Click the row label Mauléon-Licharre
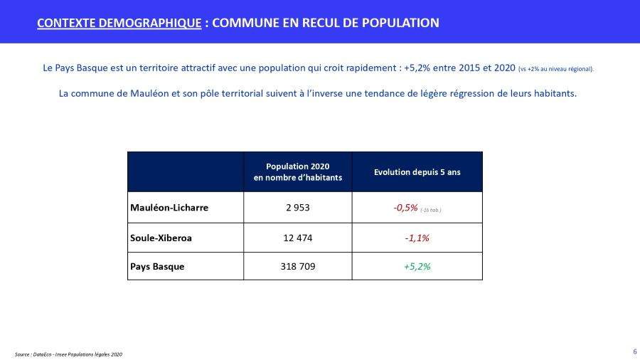[x=169, y=208]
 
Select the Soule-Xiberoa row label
[x=161, y=238]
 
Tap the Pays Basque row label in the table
[x=157, y=266]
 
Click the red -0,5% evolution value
[x=405, y=208]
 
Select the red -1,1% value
[x=417, y=238]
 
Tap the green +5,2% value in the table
[x=417, y=266]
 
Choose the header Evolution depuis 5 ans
[x=417, y=172]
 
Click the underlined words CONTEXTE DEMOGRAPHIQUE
[x=119, y=23]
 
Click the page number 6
[x=634, y=351]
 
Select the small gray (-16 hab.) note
[x=431, y=210]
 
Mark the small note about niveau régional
[x=556, y=69]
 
